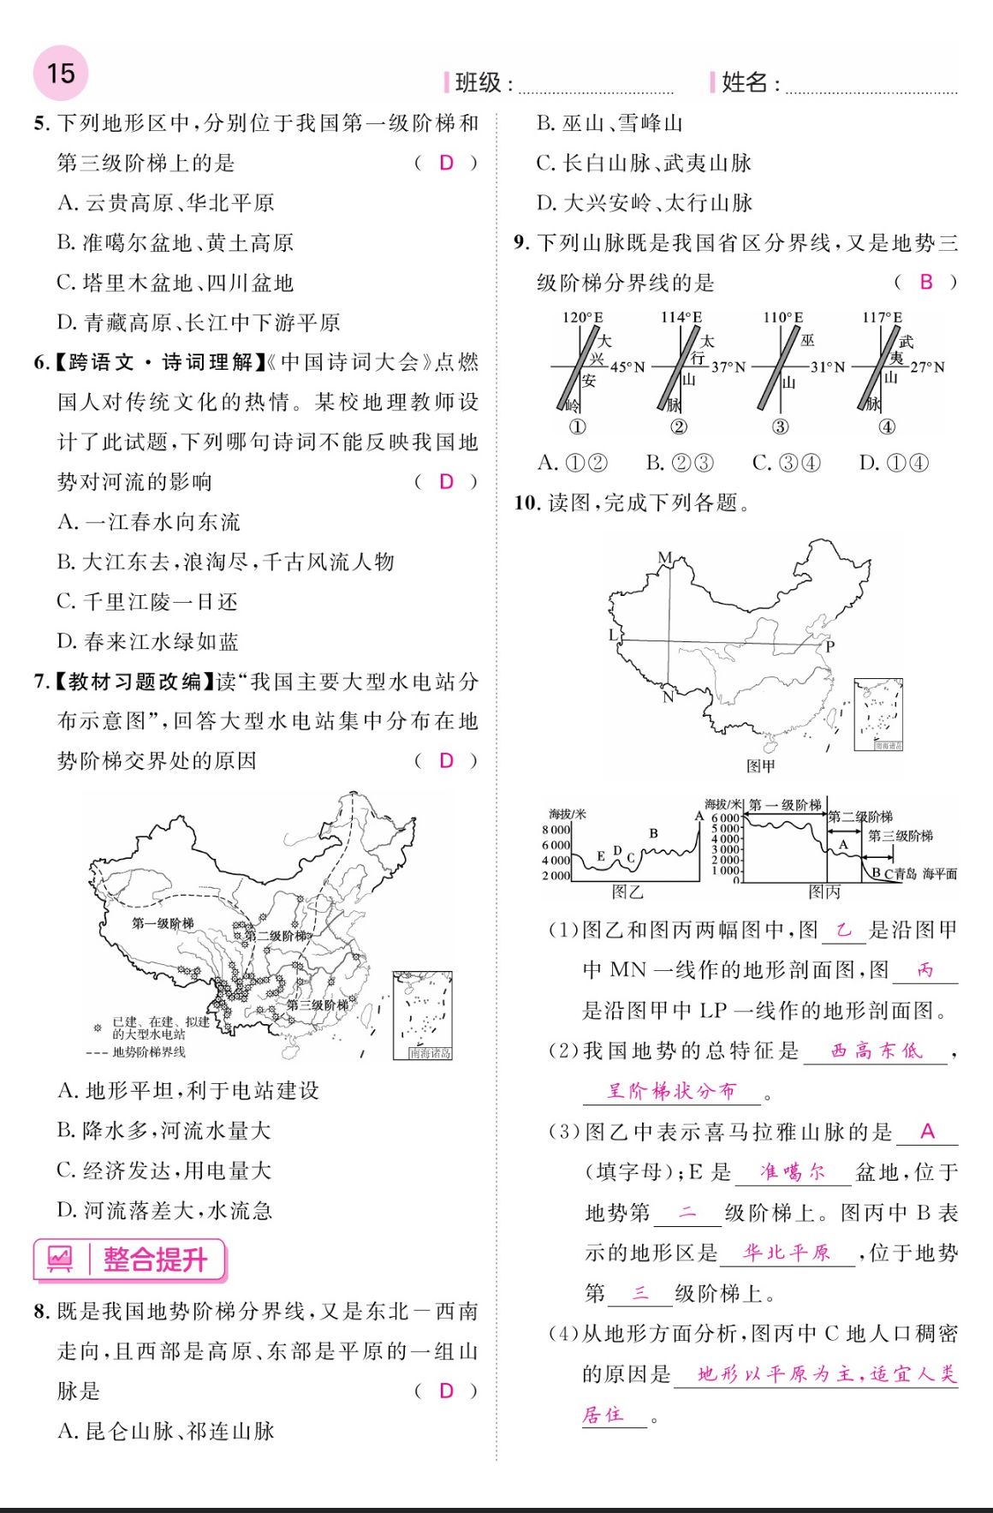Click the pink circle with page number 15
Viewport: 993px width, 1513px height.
[x=60, y=74]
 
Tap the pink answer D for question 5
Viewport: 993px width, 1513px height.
[x=446, y=163]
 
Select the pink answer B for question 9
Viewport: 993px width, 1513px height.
[x=925, y=282]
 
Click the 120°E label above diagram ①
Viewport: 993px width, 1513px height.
[x=582, y=318]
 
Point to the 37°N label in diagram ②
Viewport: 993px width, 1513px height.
[x=728, y=367]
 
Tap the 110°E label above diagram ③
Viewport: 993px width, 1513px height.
[x=782, y=318]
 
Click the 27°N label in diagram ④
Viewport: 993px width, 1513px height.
[x=927, y=367]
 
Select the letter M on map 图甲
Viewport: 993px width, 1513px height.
[x=665, y=557]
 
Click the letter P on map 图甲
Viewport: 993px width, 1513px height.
[x=829, y=646]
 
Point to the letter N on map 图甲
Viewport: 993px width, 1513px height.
[x=668, y=697]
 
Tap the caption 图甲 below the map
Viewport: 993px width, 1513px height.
[x=760, y=765]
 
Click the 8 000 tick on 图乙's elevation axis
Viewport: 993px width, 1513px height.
[x=556, y=830]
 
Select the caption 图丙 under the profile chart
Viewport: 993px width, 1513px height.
[x=824, y=892]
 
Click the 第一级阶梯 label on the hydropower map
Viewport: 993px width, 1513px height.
[x=163, y=923]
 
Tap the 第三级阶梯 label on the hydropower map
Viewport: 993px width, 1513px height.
[x=318, y=1004]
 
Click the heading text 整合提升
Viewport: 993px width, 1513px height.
[x=155, y=1260]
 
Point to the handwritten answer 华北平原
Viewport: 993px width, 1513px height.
[x=788, y=1253]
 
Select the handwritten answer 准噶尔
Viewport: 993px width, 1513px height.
[x=793, y=1172]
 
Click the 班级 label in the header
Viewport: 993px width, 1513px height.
[x=478, y=82]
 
